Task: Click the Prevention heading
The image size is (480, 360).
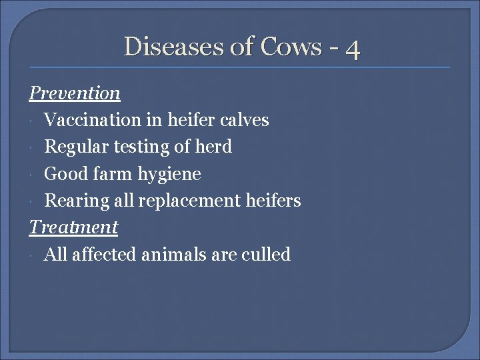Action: click(74, 93)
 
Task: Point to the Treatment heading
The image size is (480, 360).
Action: click(73, 227)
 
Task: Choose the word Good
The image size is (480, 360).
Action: click(63, 174)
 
